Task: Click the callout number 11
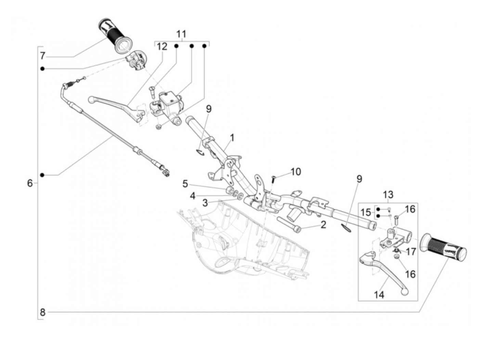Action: tap(181, 34)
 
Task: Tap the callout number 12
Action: tap(162, 47)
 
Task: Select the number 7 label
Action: tap(42, 56)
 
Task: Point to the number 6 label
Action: tap(30, 183)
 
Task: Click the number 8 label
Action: tap(42, 312)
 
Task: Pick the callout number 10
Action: tap(296, 172)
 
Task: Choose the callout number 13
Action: tap(388, 194)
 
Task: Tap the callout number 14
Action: tap(379, 295)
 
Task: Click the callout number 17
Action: tap(411, 252)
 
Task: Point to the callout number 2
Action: tap(323, 225)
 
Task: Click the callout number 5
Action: tap(185, 184)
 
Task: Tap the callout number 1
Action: tap(232, 138)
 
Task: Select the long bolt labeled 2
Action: tap(289, 225)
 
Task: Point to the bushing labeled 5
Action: tap(229, 190)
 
